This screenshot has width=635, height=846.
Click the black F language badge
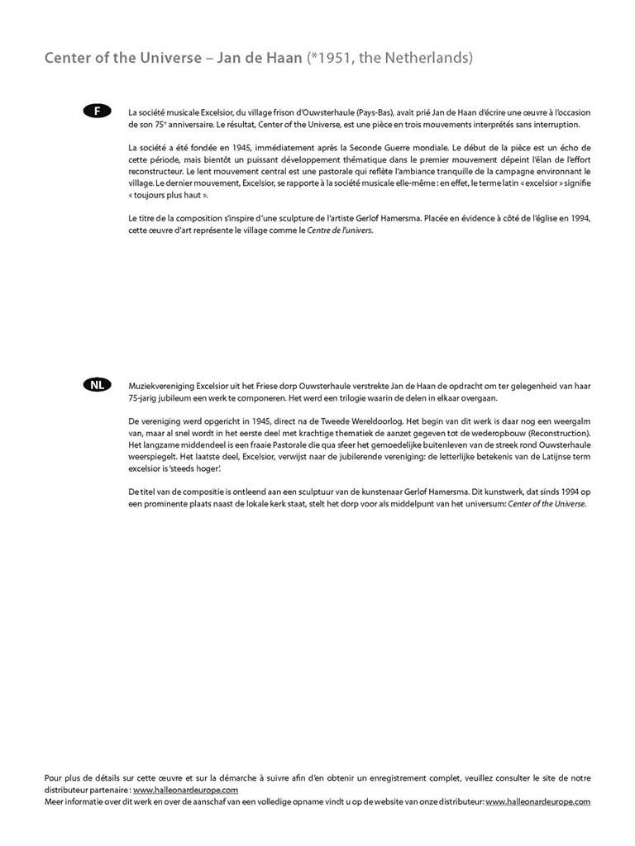click(98, 111)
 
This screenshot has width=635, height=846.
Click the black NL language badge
click(98, 385)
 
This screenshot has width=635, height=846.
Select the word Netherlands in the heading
click(427, 59)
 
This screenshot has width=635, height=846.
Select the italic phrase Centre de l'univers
click(339, 231)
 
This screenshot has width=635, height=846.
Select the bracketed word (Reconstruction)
click(558, 434)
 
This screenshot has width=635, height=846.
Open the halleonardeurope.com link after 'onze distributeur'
click(537, 801)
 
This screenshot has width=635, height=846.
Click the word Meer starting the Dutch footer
click(54, 801)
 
